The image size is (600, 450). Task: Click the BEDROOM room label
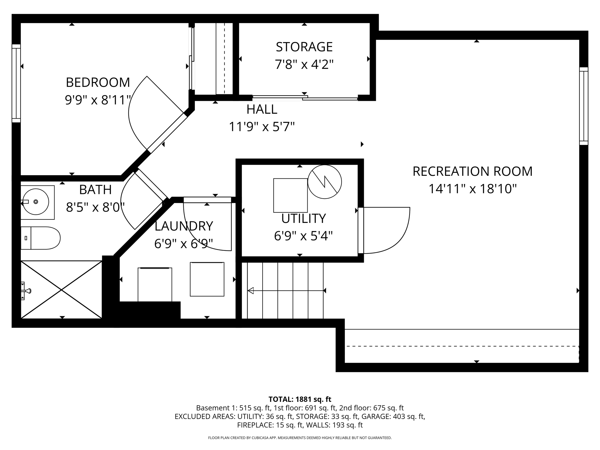click(98, 82)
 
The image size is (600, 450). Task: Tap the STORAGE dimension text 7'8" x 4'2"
click(304, 64)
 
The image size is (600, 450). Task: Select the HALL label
click(262, 109)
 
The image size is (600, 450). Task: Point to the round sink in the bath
click(36, 202)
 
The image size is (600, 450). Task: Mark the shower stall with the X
click(61, 289)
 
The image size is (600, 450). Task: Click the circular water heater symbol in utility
click(325, 182)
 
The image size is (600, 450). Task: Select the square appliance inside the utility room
click(290, 195)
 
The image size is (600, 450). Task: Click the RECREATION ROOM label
click(472, 171)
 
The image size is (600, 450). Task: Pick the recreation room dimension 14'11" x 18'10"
click(472, 189)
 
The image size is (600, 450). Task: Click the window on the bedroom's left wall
click(16, 83)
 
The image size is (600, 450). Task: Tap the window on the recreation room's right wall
click(584, 106)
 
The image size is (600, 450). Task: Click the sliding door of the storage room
click(305, 98)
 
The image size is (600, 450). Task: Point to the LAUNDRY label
click(184, 226)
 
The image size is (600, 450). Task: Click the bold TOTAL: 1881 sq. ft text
click(300, 399)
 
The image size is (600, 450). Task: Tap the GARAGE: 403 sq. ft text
click(393, 416)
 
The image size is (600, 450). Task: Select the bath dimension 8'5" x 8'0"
click(95, 207)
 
